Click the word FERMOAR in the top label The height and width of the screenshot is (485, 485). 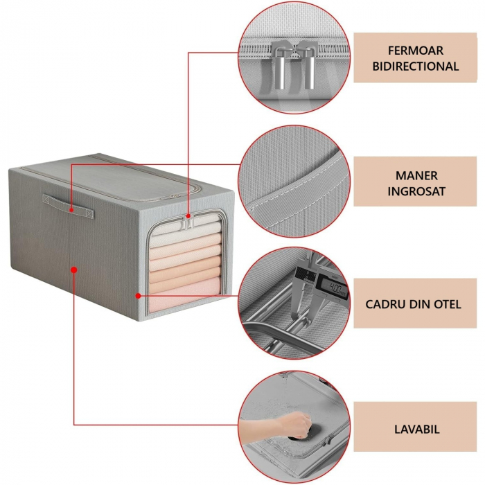click(x=416, y=51)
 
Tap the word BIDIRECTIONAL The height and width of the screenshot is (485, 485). click(x=416, y=67)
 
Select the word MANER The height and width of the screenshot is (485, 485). click(x=416, y=176)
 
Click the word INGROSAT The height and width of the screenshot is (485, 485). click(x=416, y=192)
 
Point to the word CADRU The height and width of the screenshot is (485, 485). click(x=387, y=304)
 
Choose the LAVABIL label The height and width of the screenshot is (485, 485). click(x=416, y=430)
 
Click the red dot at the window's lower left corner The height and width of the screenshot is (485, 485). click(x=139, y=296)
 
